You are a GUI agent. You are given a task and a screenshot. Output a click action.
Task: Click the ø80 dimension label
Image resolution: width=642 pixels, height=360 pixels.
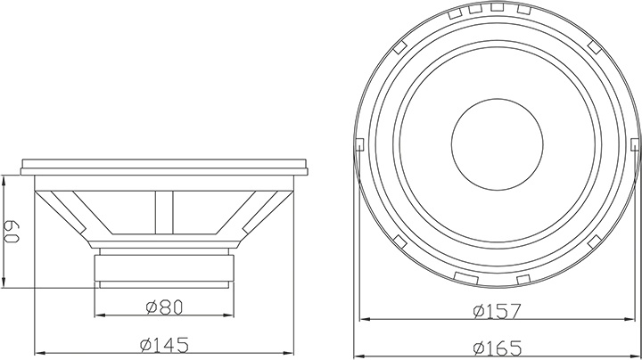tap(164, 307)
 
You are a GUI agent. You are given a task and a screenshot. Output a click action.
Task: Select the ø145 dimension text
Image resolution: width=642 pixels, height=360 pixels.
tap(164, 345)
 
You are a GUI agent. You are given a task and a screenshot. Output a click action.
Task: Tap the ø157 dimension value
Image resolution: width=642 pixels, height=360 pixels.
tap(498, 311)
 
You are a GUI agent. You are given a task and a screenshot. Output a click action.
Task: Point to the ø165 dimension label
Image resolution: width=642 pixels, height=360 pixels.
tap(498, 348)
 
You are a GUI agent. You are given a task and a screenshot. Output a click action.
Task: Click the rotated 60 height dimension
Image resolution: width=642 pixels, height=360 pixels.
tap(12, 233)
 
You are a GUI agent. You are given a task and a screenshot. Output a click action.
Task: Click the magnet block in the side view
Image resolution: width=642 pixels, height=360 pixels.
tap(164, 268)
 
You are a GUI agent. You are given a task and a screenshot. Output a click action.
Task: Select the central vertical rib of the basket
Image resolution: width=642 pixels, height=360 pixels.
tap(164, 213)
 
